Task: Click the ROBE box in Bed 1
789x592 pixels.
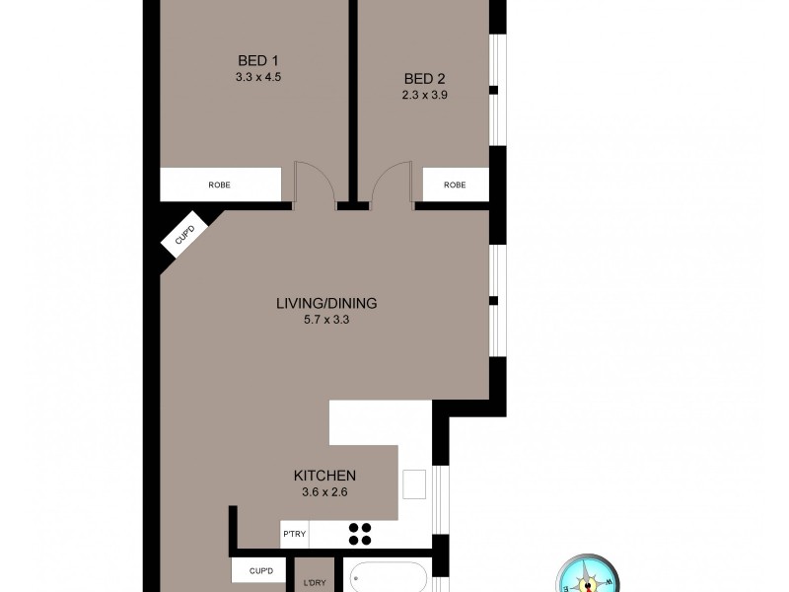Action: point(220,185)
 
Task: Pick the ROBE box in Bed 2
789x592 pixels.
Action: point(455,185)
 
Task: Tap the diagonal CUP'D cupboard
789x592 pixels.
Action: point(184,235)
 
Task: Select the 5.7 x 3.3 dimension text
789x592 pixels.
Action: point(326,319)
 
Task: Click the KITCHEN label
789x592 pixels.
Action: point(324,476)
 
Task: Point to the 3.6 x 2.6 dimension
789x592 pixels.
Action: point(324,492)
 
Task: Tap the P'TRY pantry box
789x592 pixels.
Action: point(295,534)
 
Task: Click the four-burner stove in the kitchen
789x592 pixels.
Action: point(360,533)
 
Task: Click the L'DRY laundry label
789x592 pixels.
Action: point(315,582)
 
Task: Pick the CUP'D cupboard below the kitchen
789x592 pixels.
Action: point(260,571)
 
